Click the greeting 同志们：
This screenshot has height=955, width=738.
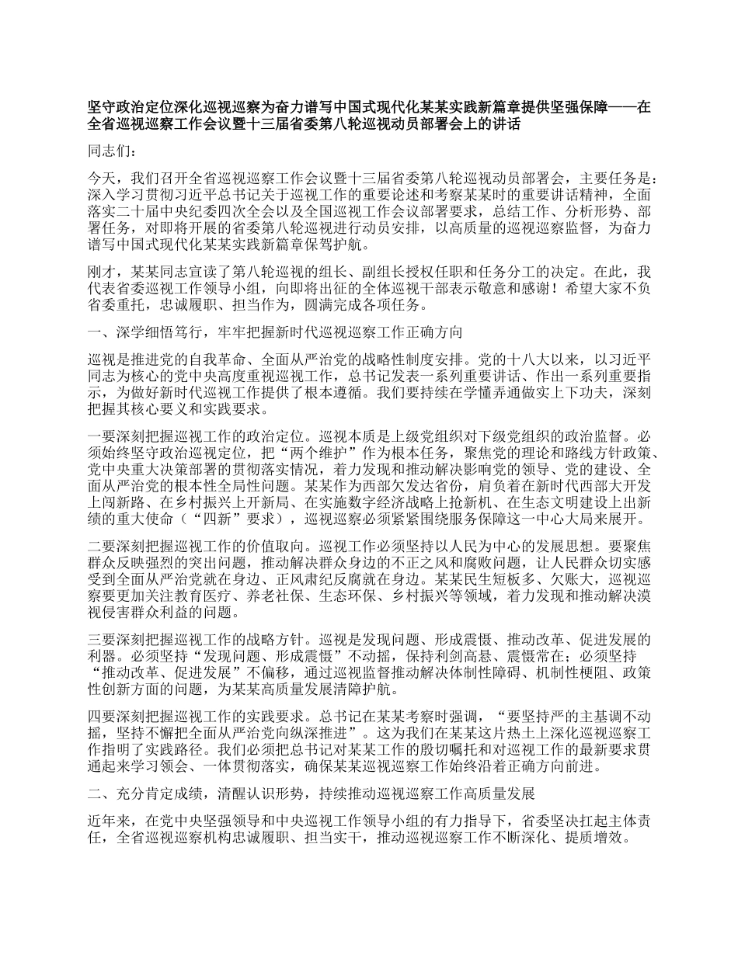pyautogui.click(x=113, y=151)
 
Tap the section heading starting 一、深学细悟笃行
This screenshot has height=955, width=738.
pyautogui.click(x=275, y=332)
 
